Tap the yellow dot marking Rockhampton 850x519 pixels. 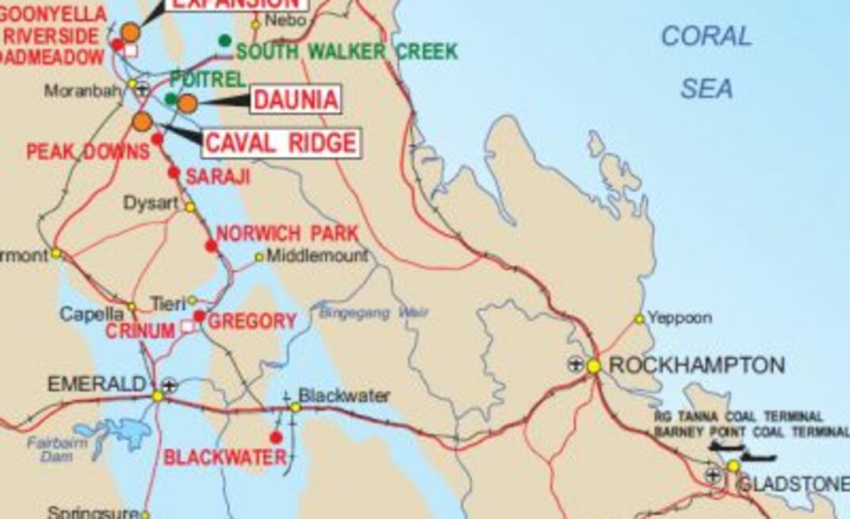coord(594,366)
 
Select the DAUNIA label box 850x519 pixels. coord(296,100)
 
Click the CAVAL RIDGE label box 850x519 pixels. coord(281,143)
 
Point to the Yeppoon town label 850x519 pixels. coord(680,318)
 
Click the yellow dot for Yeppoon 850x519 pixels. coord(639,319)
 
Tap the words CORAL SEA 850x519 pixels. coord(706,62)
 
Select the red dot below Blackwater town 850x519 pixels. coord(276,437)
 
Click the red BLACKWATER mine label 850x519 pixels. coord(224,458)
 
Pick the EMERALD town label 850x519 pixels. coord(98,385)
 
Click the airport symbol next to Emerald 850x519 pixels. coord(169,386)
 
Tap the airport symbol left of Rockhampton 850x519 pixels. coord(576,365)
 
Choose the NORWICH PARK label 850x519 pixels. coord(287,234)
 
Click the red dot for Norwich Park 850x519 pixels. coord(211,246)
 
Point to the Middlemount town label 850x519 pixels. coord(317,256)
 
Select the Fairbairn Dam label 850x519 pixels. coord(57,449)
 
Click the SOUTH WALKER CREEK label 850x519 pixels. coord(347,52)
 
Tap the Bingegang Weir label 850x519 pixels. coord(373,313)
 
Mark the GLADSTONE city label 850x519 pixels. coord(793,484)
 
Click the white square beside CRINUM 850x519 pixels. coord(188,326)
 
